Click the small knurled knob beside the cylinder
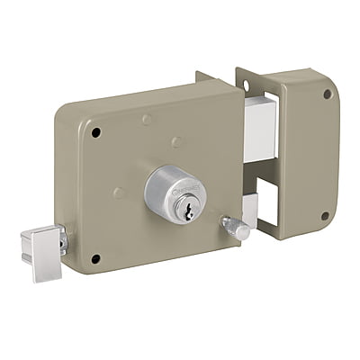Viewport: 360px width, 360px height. click(x=235, y=228)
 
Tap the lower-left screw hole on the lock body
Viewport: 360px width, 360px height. click(x=94, y=259)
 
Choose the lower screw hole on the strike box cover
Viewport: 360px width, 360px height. click(x=325, y=216)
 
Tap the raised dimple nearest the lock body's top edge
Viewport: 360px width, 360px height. click(x=147, y=119)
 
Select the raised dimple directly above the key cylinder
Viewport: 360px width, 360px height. click(x=176, y=141)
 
